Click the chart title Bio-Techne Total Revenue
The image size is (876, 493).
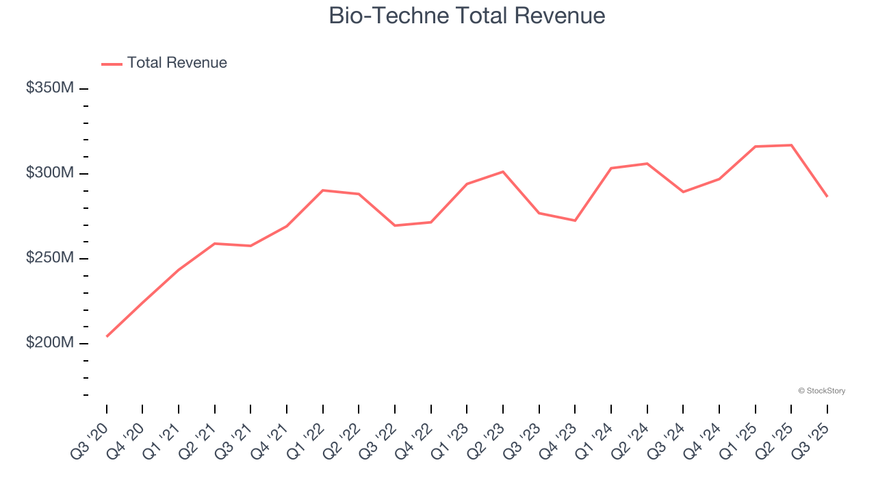click(467, 15)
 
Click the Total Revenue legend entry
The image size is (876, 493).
click(177, 63)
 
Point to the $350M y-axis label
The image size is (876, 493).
click(50, 88)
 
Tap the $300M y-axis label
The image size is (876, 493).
click(50, 173)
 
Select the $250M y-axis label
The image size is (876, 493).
click(50, 258)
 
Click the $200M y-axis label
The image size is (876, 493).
click(50, 343)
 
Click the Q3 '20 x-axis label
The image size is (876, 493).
click(90, 442)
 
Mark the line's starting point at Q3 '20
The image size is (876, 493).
click(107, 336)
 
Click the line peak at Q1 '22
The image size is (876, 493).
click(323, 190)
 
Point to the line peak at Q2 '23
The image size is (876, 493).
click(503, 172)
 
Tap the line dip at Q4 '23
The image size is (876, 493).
click(575, 220)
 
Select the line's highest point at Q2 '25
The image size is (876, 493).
click(791, 145)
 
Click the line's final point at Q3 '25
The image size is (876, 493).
click(827, 197)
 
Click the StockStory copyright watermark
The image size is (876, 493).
click(821, 391)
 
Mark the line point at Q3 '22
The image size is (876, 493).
click(395, 225)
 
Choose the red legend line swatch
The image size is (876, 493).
click(112, 64)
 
